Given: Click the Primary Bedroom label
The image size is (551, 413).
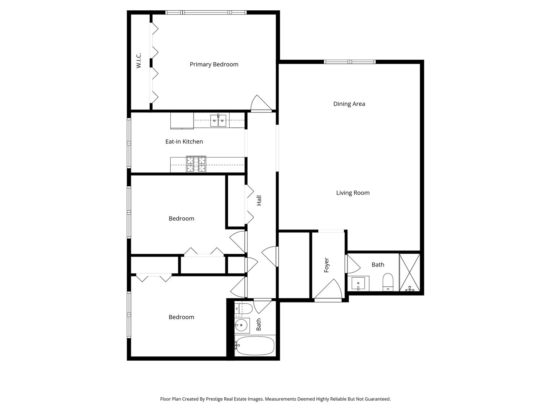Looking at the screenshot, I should [x=214, y=64].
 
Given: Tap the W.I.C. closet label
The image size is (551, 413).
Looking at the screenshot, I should [x=139, y=60].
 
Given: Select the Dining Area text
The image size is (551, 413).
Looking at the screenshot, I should [x=349, y=104].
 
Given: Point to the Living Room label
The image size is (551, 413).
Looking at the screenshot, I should [x=353, y=193].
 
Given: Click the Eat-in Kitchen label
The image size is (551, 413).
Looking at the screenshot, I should [x=184, y=141].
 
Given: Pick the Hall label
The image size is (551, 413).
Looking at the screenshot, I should [x=259, y=200].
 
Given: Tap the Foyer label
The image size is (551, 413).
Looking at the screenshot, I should [x=327, y=265].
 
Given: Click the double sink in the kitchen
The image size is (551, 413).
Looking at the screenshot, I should [x=218, y=120].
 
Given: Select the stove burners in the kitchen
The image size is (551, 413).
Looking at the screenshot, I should [x=196, y=164].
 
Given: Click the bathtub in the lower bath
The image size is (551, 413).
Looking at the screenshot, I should [x=254, y=346].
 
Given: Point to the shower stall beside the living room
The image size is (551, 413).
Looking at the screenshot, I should [x=409, y=273].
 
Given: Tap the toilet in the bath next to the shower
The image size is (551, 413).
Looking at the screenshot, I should [x=388, y=282].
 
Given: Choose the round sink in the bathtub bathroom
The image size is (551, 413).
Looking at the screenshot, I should [x=241, y=326].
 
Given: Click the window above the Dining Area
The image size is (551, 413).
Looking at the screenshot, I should [x=350, y=62].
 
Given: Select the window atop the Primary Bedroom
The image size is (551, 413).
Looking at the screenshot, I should [x=206, y=13].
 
